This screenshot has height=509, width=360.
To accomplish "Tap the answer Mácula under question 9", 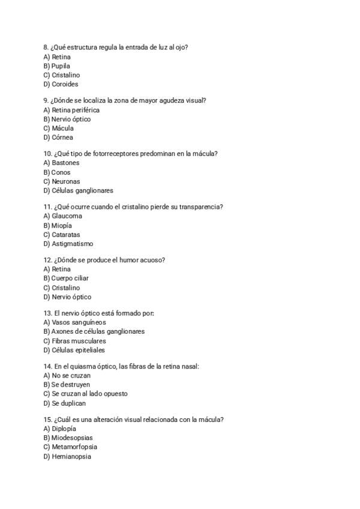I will (62, 128).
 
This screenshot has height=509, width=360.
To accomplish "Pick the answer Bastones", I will (65, 163).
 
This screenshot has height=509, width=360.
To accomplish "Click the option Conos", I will (61, 172).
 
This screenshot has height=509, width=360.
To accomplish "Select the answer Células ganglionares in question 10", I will (82, 191).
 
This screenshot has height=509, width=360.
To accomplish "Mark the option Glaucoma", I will (67, 216).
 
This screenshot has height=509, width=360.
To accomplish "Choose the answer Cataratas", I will (65, 235).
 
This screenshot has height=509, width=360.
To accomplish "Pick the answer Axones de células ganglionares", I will (98, 331).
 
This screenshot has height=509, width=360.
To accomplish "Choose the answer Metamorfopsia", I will (74, 447).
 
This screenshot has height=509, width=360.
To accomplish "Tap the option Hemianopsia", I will (71, 457).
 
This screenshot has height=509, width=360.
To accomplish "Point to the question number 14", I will (47, 366).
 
